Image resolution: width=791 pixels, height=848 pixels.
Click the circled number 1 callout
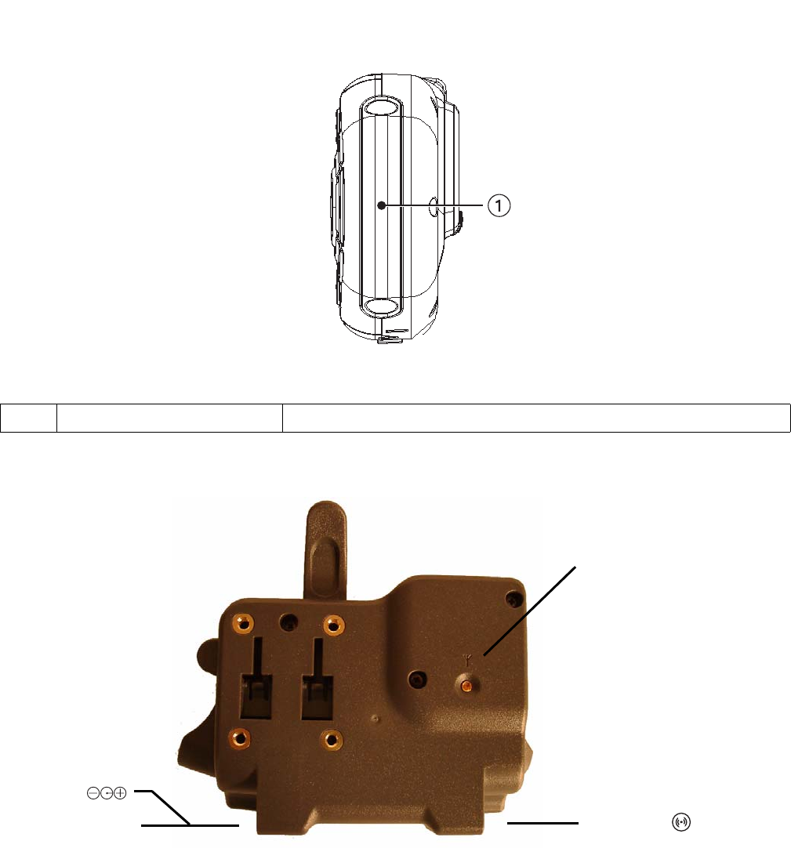point(499,205)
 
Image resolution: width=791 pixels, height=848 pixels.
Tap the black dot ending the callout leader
point(382,205)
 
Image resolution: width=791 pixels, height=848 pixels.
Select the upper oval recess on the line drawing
point(382,107)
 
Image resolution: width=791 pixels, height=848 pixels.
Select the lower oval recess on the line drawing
point(382,306)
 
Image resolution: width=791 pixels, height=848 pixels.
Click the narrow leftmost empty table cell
point(29,418)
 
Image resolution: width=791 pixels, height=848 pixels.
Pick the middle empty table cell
point(169,418)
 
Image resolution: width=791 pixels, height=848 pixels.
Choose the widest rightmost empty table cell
point(536,418)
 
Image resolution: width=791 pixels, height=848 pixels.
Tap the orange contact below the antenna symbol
point(466,687)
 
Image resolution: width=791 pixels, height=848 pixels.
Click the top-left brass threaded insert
point(244,624)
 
